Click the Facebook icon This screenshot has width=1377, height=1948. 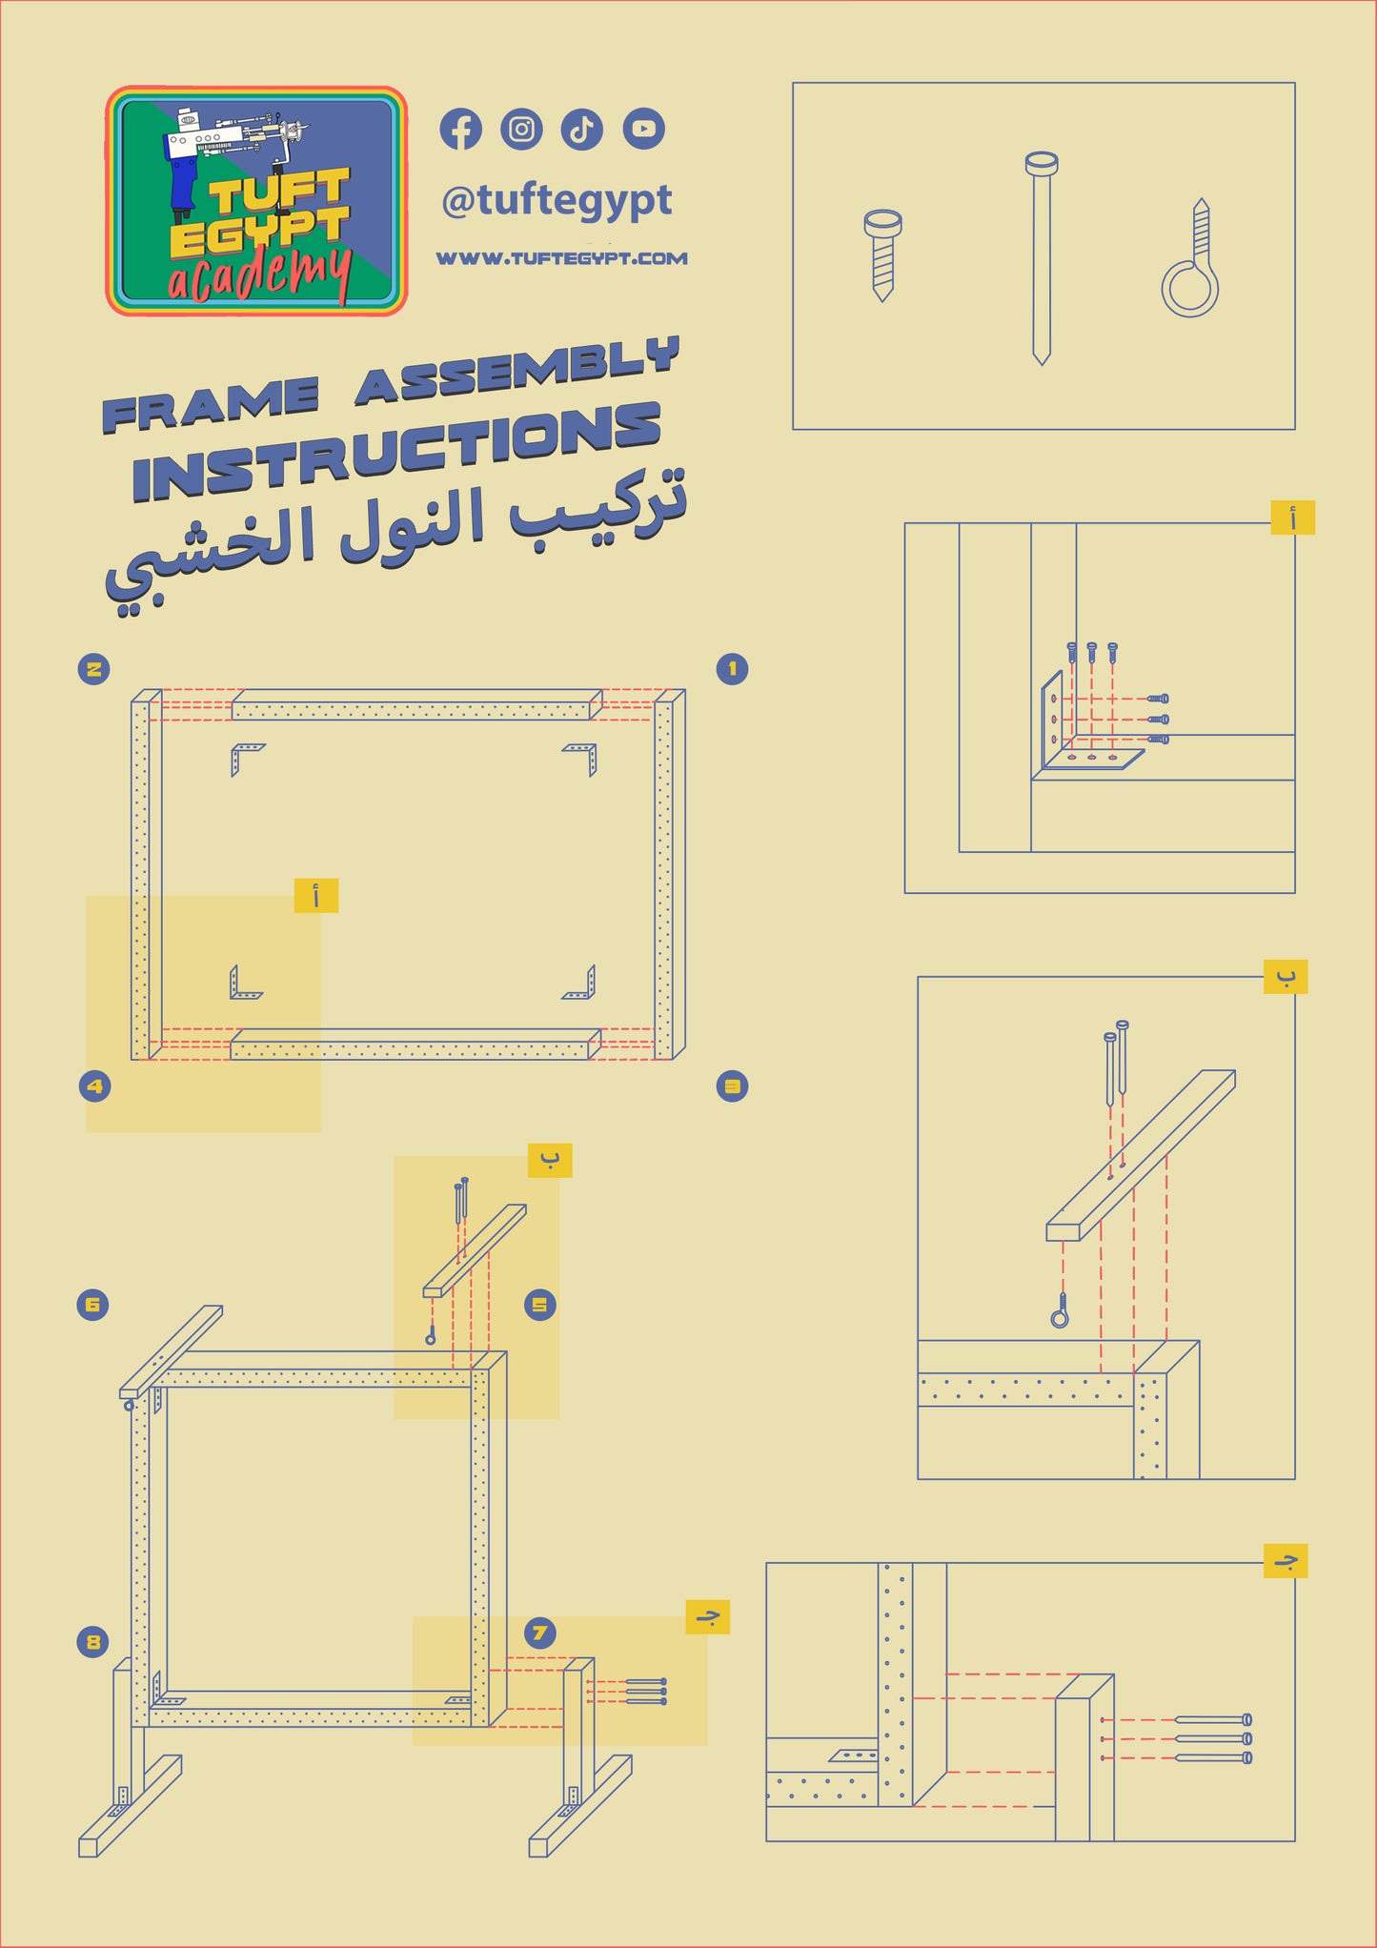pos(460,130)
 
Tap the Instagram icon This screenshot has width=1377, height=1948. pos(521,130)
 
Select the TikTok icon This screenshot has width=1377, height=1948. pos(581,130)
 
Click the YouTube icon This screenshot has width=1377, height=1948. pos(644,129)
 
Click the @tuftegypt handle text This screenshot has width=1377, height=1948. pos(557,201)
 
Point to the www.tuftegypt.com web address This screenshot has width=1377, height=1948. pos(561,258)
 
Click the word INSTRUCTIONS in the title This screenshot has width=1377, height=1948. pos(396,453)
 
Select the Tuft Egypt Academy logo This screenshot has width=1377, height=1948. pos(256,201)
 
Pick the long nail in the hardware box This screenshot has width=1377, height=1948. pos(1042,257)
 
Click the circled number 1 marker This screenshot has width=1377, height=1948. pos(732,669)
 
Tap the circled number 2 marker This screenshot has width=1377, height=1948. pos(93,669)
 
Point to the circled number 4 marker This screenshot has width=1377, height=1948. pos(94,1086)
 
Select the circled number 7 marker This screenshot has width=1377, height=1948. pos(540,1633)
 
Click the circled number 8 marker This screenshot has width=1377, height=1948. pos(92,1641)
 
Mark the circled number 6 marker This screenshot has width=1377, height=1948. pos(92,1305)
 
